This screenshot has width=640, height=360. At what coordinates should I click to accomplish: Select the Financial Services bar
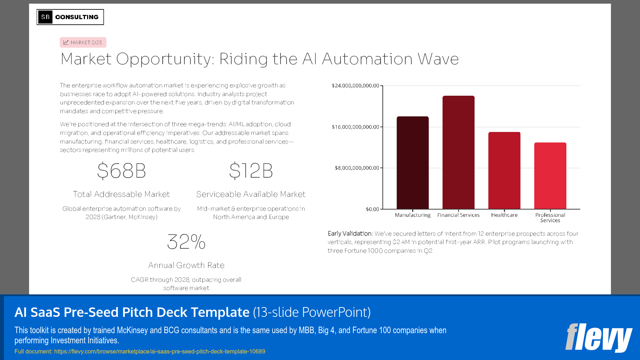point(458,152)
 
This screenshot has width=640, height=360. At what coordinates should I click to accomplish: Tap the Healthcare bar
point(504,170)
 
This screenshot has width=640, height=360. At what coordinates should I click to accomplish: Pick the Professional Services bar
point(550,175)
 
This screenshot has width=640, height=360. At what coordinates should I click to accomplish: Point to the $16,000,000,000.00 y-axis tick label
point(355,127)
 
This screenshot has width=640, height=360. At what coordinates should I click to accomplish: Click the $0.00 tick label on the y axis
point(372,209)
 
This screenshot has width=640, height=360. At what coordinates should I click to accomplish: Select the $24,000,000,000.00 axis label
point(355,86)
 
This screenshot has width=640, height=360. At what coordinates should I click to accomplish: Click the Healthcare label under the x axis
point(504,215)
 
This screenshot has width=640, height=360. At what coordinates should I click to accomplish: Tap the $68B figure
point(122,171)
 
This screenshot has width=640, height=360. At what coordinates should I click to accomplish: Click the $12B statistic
point(251,171)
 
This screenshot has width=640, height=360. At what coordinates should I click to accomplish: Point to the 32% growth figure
point(186,242)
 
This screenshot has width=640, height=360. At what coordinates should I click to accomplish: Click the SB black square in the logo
point(45,17)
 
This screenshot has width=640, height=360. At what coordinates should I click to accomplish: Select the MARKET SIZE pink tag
point(83,42)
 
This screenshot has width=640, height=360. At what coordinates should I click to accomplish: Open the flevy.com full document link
point(160,351)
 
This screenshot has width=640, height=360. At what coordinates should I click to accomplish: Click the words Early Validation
point(350,233)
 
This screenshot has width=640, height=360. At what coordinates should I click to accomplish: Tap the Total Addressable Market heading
point(122,194)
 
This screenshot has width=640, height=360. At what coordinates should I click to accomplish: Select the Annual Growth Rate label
point(186,265)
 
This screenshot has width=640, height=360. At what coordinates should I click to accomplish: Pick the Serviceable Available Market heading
point(251,194)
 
